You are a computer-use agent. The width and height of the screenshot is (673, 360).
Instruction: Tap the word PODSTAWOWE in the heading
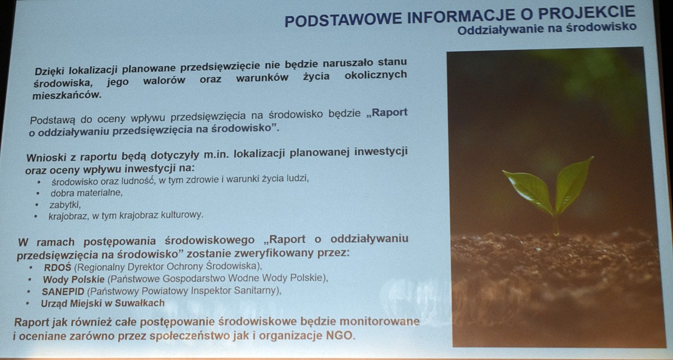coord(343,19)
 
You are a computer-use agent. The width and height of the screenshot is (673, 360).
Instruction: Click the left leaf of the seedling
coord(529,191)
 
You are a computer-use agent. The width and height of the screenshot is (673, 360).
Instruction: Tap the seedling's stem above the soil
coord(556,225)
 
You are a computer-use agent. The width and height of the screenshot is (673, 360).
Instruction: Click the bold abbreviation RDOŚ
coord(57,267)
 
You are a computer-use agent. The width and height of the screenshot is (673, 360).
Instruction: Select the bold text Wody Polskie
coord(73,279)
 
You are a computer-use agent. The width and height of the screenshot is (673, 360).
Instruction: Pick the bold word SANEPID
coord(63,291)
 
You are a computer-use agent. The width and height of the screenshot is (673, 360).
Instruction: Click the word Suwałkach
coord(140,303)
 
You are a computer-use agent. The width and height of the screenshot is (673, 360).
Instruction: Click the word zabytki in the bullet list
coord(65,205)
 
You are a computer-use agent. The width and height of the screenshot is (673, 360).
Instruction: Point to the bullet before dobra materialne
coord(38,193)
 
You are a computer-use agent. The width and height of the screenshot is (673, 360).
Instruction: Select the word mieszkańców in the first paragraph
coord(67,95)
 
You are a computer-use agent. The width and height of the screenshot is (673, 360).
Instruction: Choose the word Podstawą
coord(52,121)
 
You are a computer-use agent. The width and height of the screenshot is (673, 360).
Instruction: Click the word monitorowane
coord(380,321)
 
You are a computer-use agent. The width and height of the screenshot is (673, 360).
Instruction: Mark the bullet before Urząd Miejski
coord(28,303)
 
